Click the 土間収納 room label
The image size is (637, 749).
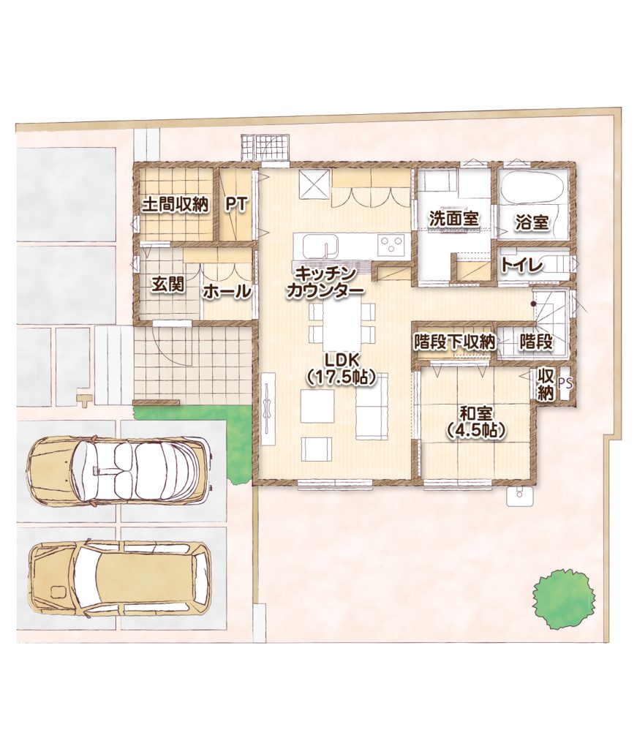176,205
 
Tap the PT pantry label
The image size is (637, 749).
236,205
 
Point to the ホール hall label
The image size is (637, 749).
227,291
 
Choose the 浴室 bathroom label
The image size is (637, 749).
532,222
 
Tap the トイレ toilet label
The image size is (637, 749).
521,265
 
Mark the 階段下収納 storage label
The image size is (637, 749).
454,342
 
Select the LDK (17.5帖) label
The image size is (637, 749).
340,369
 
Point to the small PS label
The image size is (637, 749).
564,383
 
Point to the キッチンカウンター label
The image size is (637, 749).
325,283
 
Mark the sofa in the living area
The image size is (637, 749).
372,405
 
